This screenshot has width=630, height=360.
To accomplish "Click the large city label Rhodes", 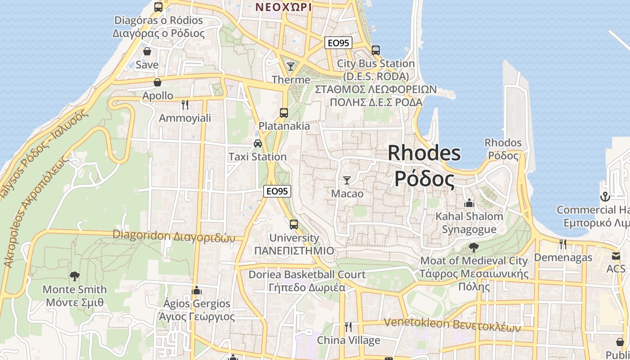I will click(x=424, y=153).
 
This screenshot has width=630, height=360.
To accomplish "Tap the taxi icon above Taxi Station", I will click(x=257, y=144).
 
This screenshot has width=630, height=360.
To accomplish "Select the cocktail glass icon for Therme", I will click(x=291, y=67).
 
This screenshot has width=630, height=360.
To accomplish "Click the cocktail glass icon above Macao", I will click(x=346, y=180).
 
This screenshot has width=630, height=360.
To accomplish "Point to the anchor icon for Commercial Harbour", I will click(x=605, y=197).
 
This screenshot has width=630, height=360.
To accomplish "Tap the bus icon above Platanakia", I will click(x=283, y=113).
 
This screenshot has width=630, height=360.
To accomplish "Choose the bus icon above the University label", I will click(x=293, y=224).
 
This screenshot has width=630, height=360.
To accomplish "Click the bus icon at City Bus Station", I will click(x=375, y=50).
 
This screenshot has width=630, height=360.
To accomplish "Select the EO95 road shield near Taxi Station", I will click(x=277, y=191).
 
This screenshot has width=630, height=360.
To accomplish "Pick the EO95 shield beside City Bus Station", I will click(x=338, y=43).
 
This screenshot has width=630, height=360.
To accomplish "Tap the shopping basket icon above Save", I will click(x=147, y=52).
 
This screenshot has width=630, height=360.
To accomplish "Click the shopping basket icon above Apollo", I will click(x=157, y=82).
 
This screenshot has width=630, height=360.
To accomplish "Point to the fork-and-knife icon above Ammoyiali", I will click(x=184, y=105).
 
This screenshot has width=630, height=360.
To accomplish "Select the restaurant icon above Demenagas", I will click(x=562, y=244).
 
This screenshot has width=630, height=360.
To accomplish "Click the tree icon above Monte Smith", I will click(x=75, y=276).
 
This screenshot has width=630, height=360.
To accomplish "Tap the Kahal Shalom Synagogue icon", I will click(x=469, y=203).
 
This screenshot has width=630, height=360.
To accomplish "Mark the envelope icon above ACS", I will click(x=616, y=256).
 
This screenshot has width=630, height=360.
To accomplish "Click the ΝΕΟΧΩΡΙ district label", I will click(x=283, y=7).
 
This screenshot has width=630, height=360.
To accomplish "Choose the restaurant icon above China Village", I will click(x=348, y=327).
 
